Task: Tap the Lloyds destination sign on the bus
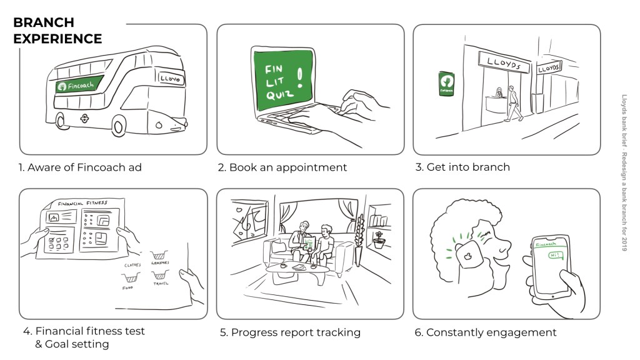coord(170,79)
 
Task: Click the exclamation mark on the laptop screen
coord(302,77)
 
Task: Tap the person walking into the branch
coord(514,103)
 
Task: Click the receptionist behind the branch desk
coord(499,94)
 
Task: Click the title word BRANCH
coord(43,22)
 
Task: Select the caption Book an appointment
coord(282,167)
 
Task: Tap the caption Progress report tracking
coord(290,332)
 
